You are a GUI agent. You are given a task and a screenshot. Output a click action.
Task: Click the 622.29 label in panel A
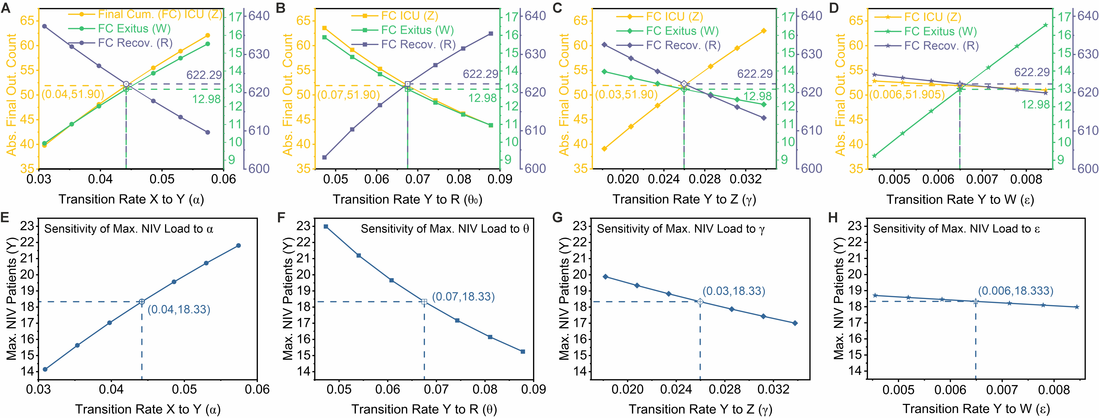[204, 75]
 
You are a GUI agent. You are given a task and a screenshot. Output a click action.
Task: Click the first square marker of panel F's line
[326, 226]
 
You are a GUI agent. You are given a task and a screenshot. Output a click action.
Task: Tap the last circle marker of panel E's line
[238, 246]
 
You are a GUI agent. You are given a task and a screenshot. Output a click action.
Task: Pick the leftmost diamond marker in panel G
[605, 277]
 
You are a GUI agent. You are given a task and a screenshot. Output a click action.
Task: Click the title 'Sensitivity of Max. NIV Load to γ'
[681, 229]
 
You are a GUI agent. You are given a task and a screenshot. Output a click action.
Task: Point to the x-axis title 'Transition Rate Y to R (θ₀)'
[407, 200]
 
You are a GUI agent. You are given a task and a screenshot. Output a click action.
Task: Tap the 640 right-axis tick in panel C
[811, 16]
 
